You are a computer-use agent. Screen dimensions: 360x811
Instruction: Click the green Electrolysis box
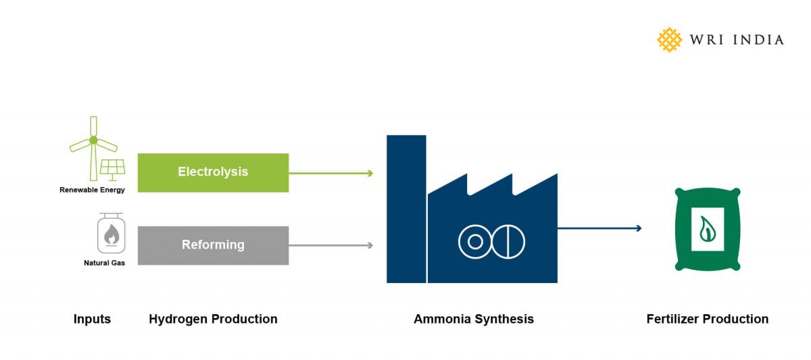pyautogui.click(x=213, y=172)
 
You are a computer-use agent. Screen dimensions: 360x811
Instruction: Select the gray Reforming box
pyautogui.click(x=213, y=245)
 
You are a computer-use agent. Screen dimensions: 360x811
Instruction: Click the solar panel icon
pyautogui.click(x=112, y=167)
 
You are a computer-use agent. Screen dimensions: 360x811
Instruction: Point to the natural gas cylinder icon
pyautogui.click(x=111, y=234)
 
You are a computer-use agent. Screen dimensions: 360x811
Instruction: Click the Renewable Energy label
pyautogui.click(x=92, y=190)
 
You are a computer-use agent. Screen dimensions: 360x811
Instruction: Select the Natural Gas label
pyautogui.click(x=104, y=262)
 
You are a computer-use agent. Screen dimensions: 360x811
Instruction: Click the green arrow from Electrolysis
pyautogui.click(x=331, y=174)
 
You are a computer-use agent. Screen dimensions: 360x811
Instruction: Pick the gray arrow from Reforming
pyautogui.click(x=331, y=245)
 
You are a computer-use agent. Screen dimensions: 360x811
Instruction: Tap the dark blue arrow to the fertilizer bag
pyautogui.click(x=599, y=228)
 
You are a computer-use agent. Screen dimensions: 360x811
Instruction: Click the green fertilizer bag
pyautogui.click(x=708, y=230)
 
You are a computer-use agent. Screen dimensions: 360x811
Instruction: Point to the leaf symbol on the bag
pyautogui.click(x=707, y=228)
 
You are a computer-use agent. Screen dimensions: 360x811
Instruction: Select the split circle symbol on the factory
pyautogui.click(x=508, y=241)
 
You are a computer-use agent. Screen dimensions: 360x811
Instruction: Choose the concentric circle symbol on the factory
pyautogui.click(x=475, y=241)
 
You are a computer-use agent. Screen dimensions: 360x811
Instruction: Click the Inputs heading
pyautogui.click(x=92, y=319)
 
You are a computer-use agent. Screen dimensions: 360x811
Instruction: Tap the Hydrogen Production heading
pyautogui.click(x=213, y=319)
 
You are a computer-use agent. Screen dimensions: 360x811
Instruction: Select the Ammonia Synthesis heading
pyautogui.click(x=473, y=319)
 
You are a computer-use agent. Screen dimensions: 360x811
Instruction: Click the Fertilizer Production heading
pyautogui.click(x=707, y=319)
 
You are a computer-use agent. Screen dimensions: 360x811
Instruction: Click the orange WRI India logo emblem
pyautogui.click(x=670, y=40)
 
